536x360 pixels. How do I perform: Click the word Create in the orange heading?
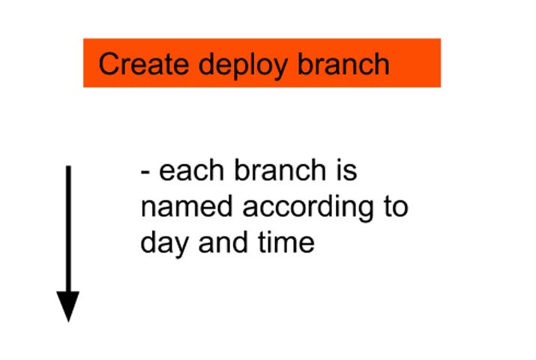coord(143,64)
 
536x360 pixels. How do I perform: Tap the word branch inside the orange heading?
coord(343,64)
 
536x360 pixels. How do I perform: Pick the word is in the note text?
coord(344,171)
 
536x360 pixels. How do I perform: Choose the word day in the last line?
coord(160,244)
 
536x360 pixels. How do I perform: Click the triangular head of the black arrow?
coord(68,305)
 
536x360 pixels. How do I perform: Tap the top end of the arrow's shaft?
coord(68,169)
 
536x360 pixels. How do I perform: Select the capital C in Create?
coord(109,64)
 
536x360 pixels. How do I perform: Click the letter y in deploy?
coord(281,67)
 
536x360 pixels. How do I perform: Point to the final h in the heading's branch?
coord(382,64)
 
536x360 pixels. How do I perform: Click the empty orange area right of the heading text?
coord(416,64)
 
